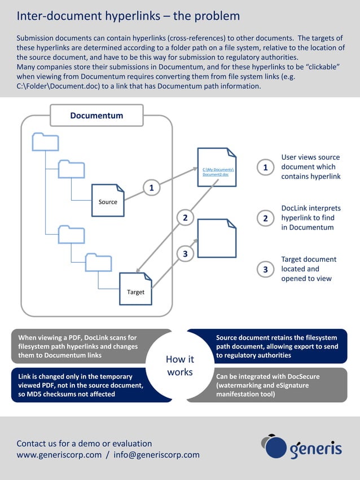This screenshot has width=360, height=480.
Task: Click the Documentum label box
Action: (x=96, y=116)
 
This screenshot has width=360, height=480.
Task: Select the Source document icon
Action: (x=108, y=201)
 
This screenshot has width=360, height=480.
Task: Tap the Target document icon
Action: (x=135, y=289)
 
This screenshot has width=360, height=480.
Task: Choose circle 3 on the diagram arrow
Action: (x=185, y=254)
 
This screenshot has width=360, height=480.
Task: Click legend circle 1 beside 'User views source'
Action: (x=265, y=167)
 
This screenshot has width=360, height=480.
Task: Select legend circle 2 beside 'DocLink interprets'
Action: (x=265, y=218)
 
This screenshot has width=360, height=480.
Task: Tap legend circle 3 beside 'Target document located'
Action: (x=265, y=270)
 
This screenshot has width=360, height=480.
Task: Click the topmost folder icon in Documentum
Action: (x=45, y=142)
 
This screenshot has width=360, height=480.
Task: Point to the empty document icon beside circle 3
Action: (x=217, y=238)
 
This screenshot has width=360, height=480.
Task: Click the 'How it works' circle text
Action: (x=180, y=365)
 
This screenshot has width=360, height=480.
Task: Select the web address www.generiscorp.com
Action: (x=59, y=455)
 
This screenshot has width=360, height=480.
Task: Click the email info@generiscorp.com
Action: (x=156, y=455)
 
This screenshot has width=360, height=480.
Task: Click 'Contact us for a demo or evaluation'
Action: (x=84, y=443)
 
